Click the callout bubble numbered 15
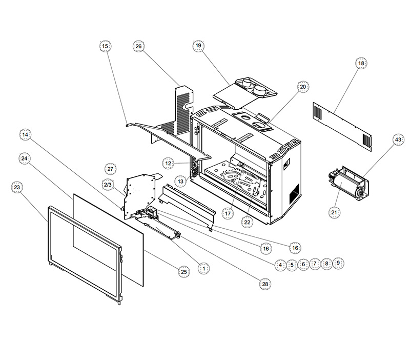105,47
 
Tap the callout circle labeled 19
198,46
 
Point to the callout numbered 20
303,87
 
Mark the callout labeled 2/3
108,184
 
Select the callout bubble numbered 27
111,169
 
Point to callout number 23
17,188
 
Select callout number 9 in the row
338,263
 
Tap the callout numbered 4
280,265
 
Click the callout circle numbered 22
248,222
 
